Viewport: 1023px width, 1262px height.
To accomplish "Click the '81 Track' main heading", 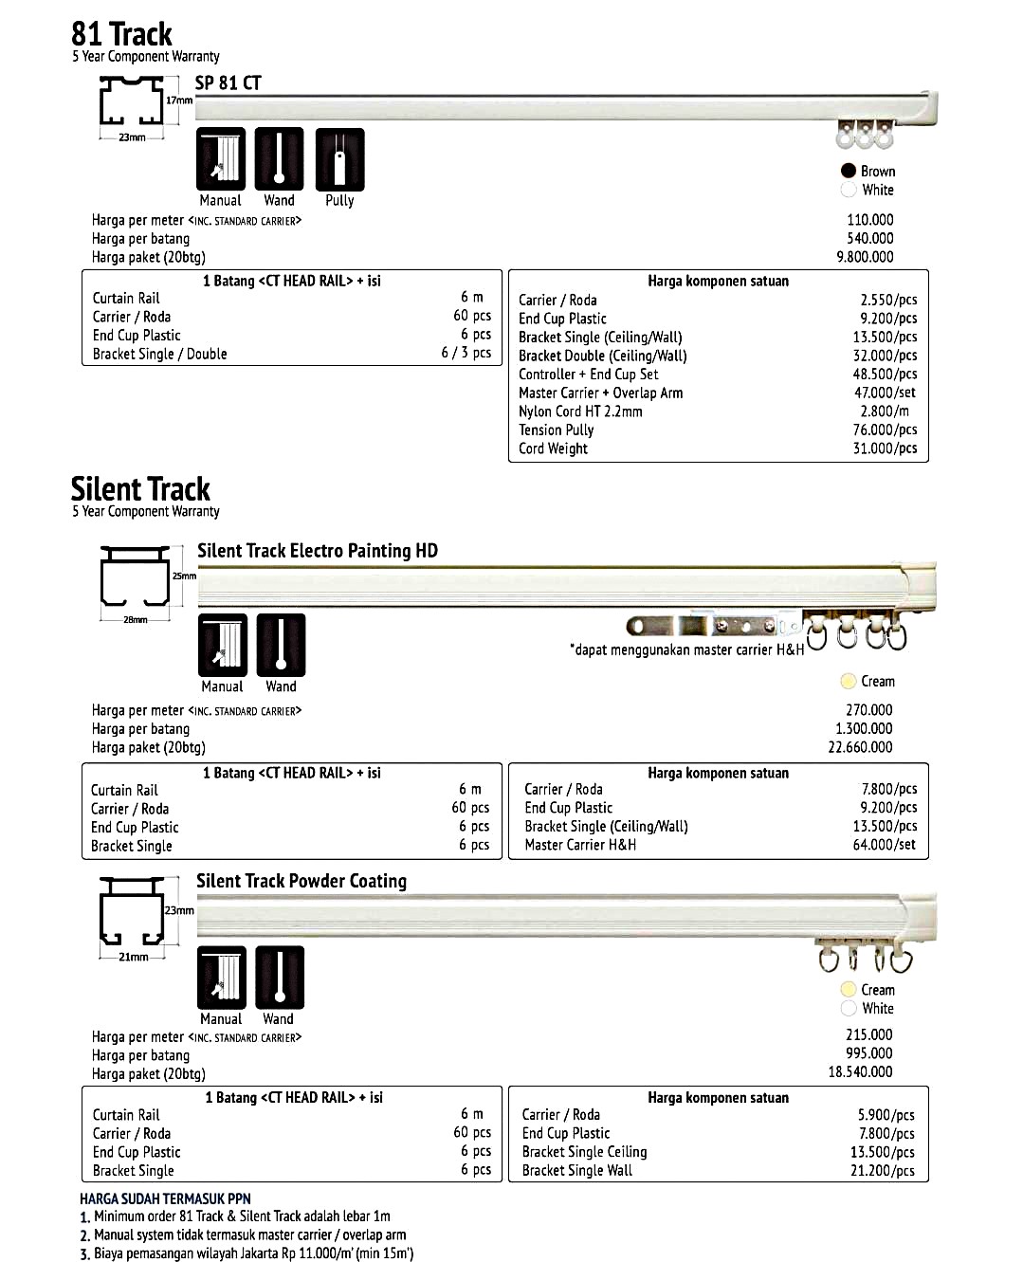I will pos(121,34).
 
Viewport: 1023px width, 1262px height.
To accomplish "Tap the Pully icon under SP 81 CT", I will pos(339,159).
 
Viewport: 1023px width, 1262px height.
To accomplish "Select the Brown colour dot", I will pos(849,171).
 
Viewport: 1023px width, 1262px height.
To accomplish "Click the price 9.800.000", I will pos(865,257).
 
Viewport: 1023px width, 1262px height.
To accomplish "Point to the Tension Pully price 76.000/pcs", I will pos(885,430).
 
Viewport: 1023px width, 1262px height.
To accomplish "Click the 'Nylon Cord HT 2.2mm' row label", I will pos(580,412).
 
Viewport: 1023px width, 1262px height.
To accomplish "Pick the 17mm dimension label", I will pos(179,101).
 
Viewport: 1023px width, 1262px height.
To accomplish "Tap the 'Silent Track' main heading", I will pos(140,489).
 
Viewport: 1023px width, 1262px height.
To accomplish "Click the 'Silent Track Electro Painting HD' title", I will pos(318,551).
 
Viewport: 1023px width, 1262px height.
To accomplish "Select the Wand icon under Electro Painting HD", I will pos(281,646).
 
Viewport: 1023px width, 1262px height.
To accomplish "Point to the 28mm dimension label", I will pos(136,620).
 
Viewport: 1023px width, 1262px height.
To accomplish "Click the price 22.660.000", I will pos(860,747).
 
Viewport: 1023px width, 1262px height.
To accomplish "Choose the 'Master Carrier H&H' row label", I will pos(580,845).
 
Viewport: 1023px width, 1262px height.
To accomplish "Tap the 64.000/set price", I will pos(884,845).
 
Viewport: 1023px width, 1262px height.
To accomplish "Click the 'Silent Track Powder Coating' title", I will pos(301,881).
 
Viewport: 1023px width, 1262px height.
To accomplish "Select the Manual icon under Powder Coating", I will pos(222,978).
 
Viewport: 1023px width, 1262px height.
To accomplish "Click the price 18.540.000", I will pos(860,1071).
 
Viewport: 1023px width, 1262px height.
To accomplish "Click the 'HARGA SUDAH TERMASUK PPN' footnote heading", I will pos(165,1198).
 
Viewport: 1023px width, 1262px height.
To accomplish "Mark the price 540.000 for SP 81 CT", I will pos(869,238).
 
